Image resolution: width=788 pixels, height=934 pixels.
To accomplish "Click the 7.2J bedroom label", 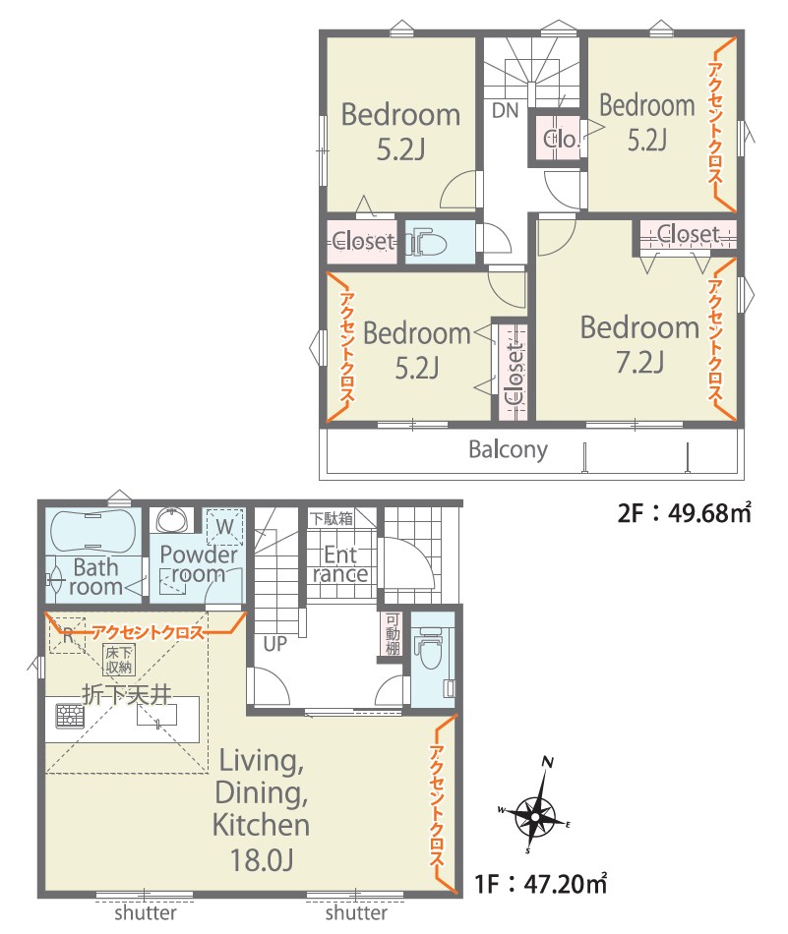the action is click(639, 345).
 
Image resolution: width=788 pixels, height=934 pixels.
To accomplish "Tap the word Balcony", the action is click(508, 449).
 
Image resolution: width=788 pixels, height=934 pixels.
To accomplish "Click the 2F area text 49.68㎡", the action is click(708, 512).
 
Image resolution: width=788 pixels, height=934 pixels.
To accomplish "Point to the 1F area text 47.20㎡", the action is click(565, 884).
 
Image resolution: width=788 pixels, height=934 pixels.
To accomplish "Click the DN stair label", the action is click(505, 111).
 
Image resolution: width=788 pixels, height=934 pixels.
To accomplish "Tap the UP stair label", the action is click(274, 644).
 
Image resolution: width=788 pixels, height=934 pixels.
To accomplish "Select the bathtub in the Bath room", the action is click(93, 531).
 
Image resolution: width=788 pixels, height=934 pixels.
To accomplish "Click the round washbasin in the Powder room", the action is click(173, 520).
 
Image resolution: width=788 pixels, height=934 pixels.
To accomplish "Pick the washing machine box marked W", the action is click(224, 527).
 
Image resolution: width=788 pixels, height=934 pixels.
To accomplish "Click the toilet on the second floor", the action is click(427, 243).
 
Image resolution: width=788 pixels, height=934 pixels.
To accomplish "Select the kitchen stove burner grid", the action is click(70, 716).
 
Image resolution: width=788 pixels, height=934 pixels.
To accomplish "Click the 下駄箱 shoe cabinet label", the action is click(332, 518).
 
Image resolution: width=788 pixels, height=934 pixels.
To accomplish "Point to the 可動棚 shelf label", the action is click(392, 634).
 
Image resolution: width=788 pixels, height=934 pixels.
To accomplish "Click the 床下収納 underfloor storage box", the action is click(119, 660).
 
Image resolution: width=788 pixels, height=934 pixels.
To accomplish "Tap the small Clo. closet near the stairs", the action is click(561, 140).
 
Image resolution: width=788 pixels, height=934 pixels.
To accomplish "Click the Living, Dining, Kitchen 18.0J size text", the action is click(261, 859).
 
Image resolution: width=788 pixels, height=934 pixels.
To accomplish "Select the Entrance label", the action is click(340, 564).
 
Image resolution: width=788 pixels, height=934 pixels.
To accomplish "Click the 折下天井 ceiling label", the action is click(127, 694).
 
